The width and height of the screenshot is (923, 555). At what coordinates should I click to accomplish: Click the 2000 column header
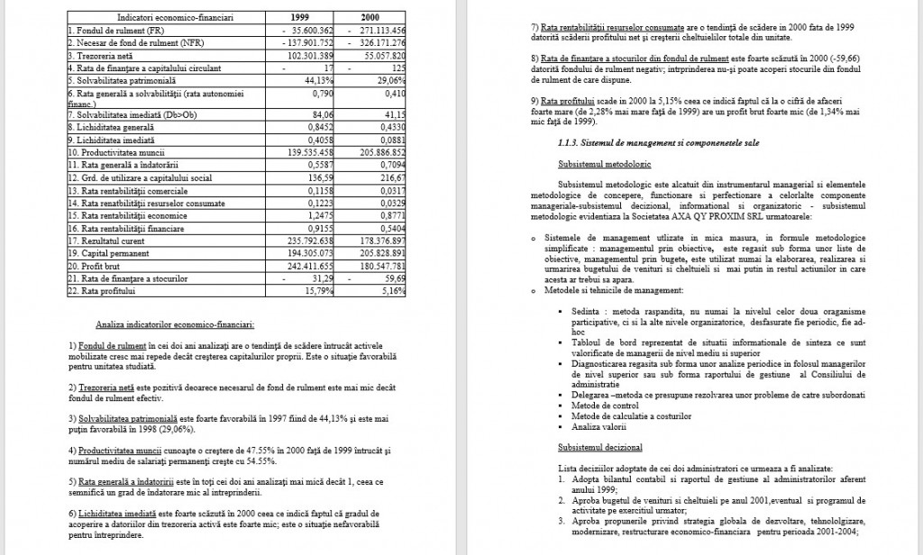click(370, 17)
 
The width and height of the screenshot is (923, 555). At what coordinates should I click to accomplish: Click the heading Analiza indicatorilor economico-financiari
click(174, 323)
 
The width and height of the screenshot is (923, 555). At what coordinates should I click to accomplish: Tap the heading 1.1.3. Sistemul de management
click(659, 142)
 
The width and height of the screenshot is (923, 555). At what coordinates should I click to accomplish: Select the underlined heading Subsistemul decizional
click(599, 447)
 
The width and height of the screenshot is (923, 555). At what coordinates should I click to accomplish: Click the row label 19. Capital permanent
click(113, 254)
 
